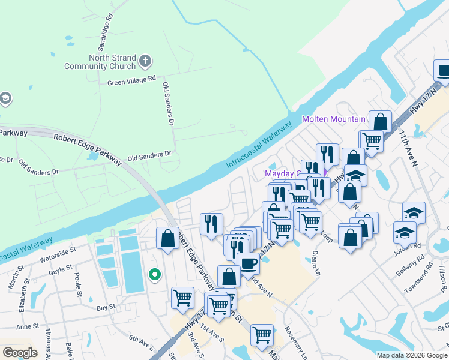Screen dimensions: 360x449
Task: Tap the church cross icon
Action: click(x=145, y=61)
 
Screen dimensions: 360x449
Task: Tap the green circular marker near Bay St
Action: click(x=155, y=275)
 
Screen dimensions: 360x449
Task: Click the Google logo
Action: click(x=20, y=353)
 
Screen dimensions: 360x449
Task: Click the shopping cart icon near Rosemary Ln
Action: click(x=262, y=335)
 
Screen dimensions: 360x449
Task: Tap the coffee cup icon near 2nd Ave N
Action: click(x=248, y=262)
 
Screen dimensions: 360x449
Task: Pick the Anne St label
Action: click(x=27, y=326)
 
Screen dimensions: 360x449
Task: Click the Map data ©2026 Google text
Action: click(x=411, y=355)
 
